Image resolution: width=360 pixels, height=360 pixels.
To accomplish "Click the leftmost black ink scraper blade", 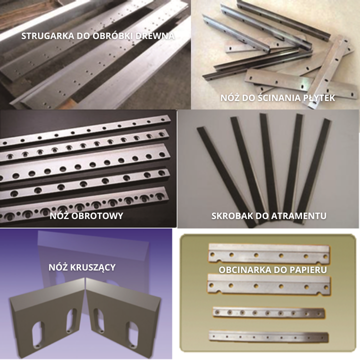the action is tap(226, 176).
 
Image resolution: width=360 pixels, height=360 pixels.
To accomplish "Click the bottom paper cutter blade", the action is tap(268, 337).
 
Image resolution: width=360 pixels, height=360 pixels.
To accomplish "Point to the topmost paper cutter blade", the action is tap(269, 253).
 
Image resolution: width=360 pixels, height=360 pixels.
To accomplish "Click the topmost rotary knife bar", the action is tap(85, 131).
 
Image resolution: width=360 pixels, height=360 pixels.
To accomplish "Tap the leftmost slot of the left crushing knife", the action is tap(38, 334).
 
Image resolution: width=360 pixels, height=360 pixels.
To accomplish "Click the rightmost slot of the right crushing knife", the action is tap(133, 334).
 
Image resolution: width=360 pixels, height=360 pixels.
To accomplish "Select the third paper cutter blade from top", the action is tap(268, 312).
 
